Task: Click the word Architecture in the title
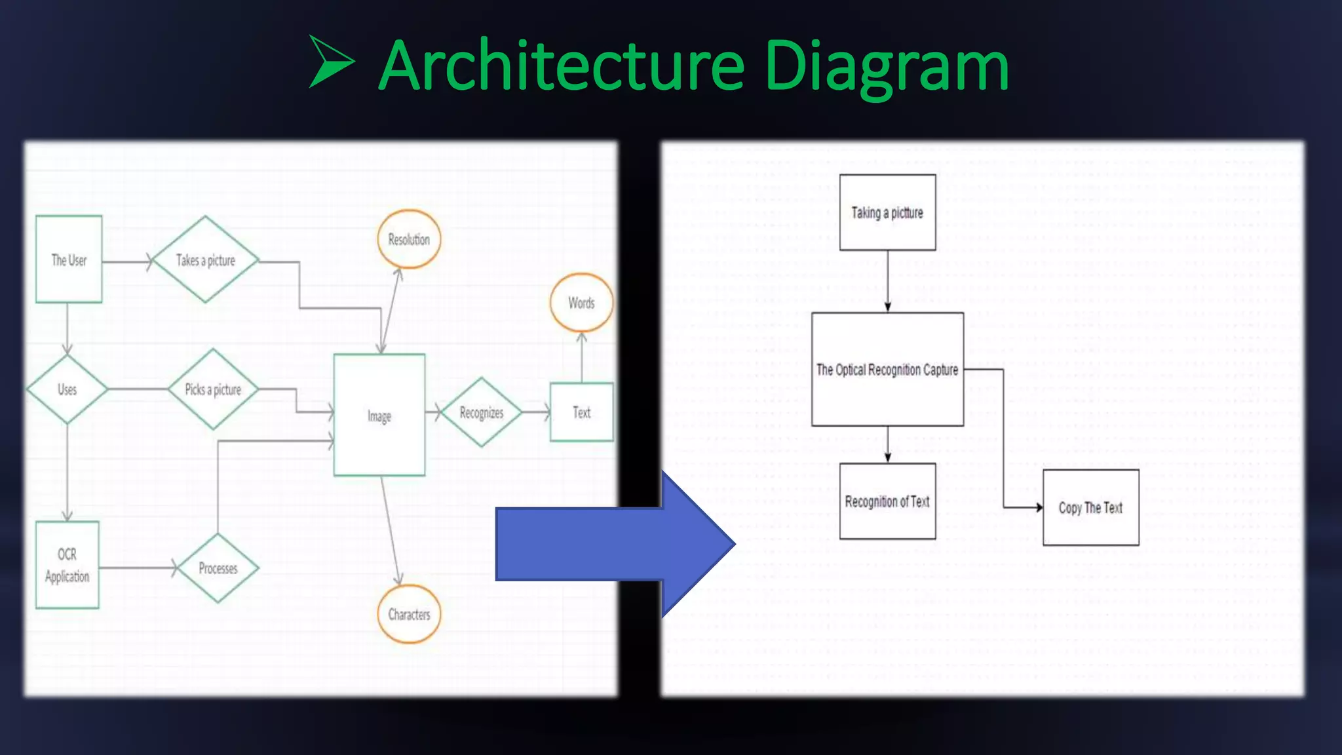click(562, 66)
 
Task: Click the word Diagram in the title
click(886, 66)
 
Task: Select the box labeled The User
click(69, 260)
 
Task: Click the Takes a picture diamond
click(205, 260)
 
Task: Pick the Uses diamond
click(67, 389)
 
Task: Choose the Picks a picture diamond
click(213, 389)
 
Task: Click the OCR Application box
click(67, 565)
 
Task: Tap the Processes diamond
click(218, 568)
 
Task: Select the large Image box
click(379, 415)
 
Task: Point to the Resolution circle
click(409, 239)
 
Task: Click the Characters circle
click(409, 614)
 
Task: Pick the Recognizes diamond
click(482, 412)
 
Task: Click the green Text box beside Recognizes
click(582, 412)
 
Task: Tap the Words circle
click(581, 303)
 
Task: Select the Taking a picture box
click(887, 212)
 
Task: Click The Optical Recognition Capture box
click(887, 370)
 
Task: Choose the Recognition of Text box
click(887, 501)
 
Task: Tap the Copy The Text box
click(1090, 507)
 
